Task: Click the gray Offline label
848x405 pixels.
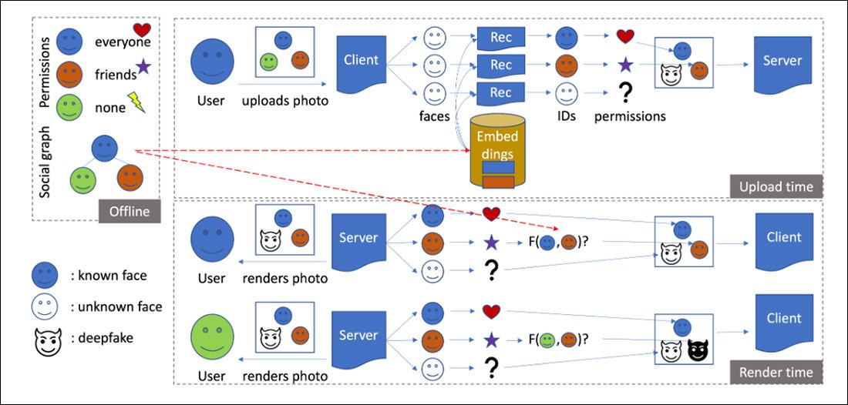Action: click(x=129, y=210)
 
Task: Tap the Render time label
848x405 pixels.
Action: click(x=776, y=373)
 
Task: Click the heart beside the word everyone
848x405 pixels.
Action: click(x=142, y=29)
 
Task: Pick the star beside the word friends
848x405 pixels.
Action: click(x=141, y=68)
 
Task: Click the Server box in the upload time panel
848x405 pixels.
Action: click(x=783, y=61)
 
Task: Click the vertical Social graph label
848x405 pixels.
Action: click(x=45, y=162)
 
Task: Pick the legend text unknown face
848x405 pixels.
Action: click(x=116, y=306)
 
